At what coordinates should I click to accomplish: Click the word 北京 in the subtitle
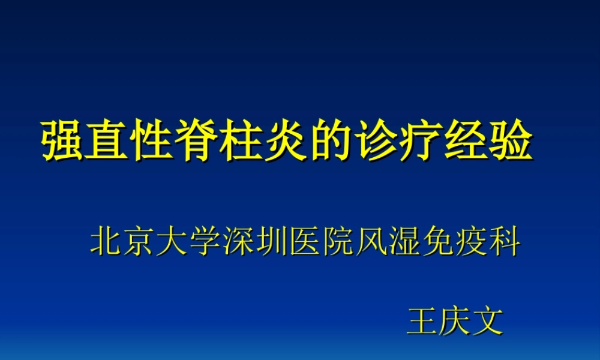coord(123,242)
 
